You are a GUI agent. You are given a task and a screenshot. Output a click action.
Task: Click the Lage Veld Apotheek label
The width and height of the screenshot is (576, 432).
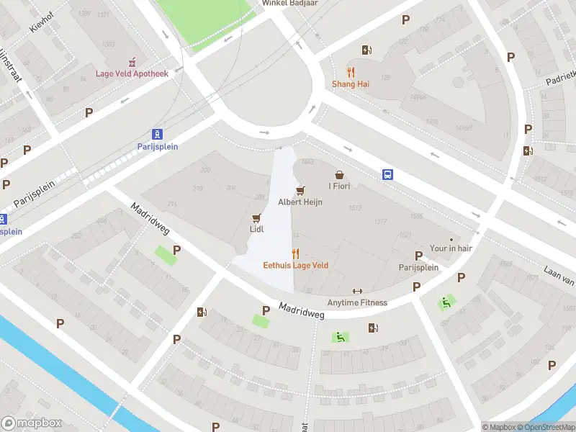click(x=132, y=73)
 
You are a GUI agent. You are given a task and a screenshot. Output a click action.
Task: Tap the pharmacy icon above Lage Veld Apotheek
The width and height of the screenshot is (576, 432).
click(x=132, y=63)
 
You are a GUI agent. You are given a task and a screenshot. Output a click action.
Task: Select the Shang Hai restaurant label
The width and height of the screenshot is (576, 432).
click(x=351, y=84)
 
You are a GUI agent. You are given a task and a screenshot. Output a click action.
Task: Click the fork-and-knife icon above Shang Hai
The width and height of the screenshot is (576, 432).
click(x=351, y=72)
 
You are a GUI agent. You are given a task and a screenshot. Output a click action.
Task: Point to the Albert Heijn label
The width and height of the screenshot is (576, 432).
click(x=300, y=202)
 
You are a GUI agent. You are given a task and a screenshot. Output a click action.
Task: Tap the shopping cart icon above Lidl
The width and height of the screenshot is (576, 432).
click(x=256, y=217)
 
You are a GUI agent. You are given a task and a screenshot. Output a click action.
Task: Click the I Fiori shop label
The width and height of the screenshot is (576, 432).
click(x=339, y=186)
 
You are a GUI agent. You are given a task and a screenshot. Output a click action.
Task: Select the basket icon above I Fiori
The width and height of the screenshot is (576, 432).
click(x=339, y=175)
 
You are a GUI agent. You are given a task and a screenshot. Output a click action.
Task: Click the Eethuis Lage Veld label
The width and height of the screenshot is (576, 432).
click(x=295, y=265)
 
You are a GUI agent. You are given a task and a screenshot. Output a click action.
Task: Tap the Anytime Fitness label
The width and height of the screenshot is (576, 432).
click(x=357, y=302)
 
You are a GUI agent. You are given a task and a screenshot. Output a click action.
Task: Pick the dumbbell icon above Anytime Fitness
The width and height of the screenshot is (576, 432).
click(x=357, y=292)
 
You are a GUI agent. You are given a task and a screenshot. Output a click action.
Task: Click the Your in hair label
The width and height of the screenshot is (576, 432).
click(x=451, y=249)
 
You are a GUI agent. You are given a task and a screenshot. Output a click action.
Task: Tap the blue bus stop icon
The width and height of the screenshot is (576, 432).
click(x=387, y=174)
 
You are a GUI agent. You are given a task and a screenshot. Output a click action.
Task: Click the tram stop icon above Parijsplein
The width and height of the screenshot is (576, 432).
click(x=157, y=134)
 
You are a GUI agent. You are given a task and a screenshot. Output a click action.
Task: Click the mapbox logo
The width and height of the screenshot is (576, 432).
click(x=30, y=423)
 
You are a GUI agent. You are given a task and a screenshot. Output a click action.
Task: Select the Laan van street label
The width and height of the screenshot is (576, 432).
click(x=558, y=276)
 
